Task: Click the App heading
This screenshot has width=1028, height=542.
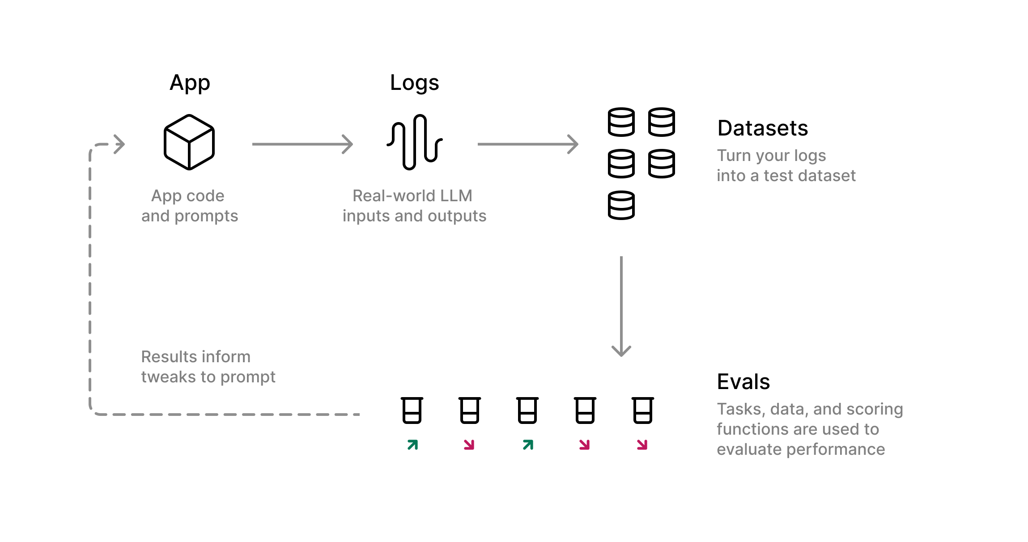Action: pos(190,83)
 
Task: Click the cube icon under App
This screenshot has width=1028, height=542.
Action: pos(189,142)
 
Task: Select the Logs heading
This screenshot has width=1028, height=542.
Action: pos(414,83)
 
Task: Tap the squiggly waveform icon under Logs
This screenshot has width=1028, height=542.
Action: pos(415,142)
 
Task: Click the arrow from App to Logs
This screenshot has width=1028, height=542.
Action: pos(302,144)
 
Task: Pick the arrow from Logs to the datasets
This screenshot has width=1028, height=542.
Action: pos(528,144)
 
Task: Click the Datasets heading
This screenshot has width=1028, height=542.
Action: pos(762,128)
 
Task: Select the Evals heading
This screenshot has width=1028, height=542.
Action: pos(743,382)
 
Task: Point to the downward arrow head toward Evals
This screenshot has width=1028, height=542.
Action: pos(621,350)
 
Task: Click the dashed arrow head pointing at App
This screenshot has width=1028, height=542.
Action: pos(119,144)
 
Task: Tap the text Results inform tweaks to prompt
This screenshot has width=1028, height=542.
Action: pos(208,367)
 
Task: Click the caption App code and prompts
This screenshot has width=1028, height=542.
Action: pos(189,206)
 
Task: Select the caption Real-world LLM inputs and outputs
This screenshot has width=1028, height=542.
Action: pos(414,206)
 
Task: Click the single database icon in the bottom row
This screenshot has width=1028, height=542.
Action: pos(621,205)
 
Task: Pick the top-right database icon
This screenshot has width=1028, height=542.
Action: pos(662,122)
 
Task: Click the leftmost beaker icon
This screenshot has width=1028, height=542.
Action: pos(412,410)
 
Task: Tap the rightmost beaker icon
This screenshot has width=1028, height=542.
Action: pos(643,410)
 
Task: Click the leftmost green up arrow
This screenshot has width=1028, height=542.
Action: pos(412,445)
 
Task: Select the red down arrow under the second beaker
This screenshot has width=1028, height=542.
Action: pos(469,445)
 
